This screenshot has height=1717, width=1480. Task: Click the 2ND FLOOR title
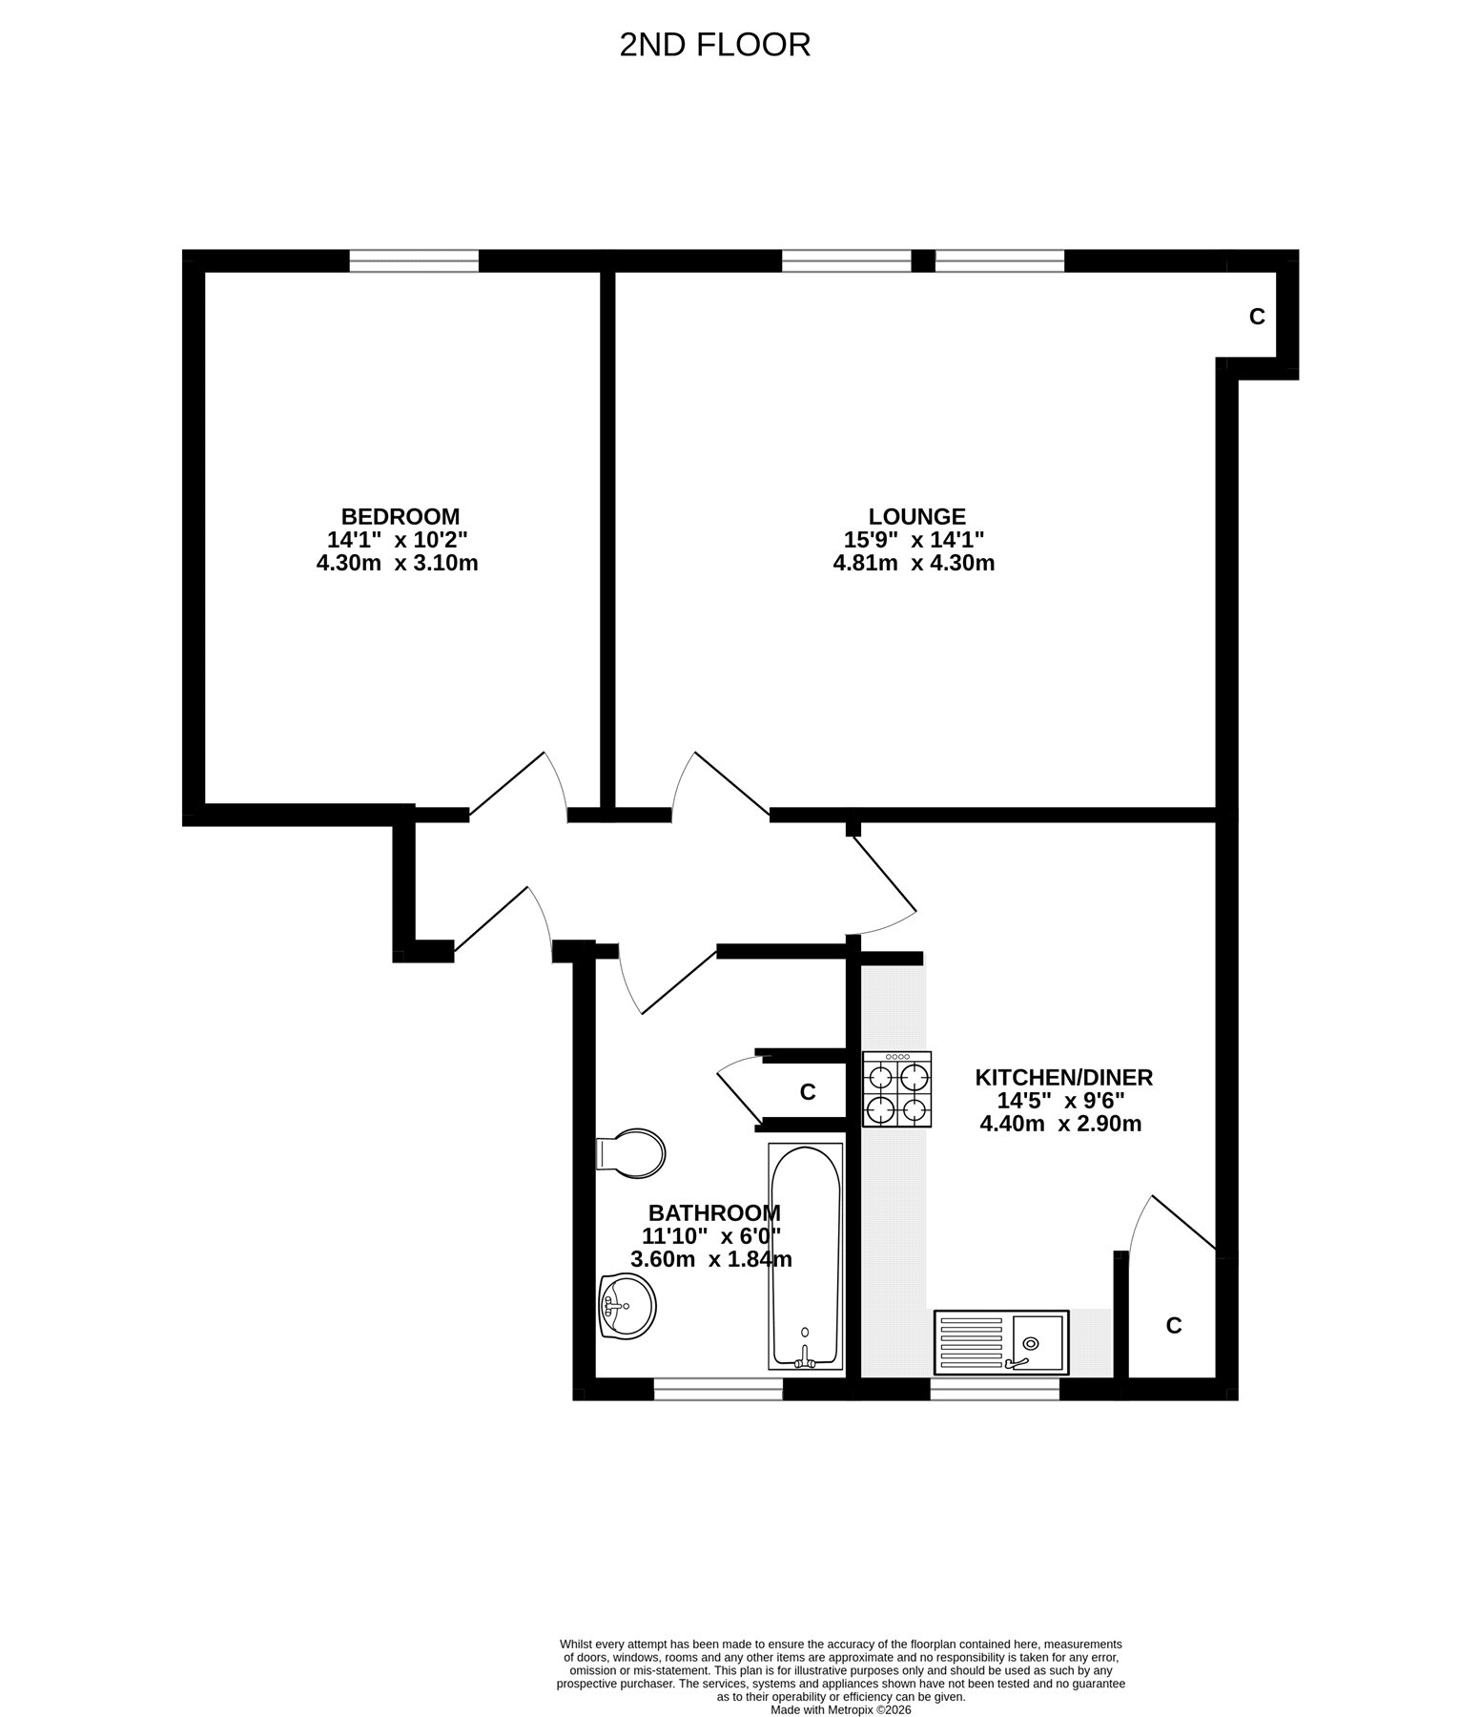click(714, 45)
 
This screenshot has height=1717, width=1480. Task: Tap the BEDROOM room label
click(401, 517)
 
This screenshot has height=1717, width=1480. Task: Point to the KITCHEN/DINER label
click(1063, 1078)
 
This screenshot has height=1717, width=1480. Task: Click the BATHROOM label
click(714, 1213)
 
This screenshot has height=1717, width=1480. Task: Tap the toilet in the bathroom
click(629, 1154)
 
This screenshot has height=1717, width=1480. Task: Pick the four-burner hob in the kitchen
click(897, 1089)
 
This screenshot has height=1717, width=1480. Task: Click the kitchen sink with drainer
click(1001, 1342)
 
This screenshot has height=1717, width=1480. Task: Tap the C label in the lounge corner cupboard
click(1257, 317)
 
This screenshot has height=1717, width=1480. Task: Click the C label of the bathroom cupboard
click(808, 1092)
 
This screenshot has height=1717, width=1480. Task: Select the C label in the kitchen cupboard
click(1174, 1326)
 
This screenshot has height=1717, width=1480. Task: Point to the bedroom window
click(414, 260)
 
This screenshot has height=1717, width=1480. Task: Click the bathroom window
click(718, 1389)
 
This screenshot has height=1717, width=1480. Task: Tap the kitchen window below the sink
click(995, 1389)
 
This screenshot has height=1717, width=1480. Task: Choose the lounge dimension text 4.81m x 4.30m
click(914, 564)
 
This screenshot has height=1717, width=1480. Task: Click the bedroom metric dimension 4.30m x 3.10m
click(397, 564)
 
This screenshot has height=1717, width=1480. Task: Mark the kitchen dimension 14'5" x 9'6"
click(1061, 1101)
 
